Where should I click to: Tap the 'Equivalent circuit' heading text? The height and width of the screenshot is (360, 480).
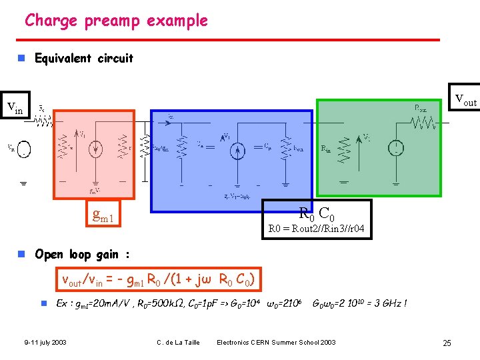[x=83, y=58]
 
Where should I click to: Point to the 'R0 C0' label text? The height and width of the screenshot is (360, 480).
[x=316, y=214]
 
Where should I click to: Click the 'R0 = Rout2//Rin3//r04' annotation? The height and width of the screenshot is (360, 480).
[x=316, y=230]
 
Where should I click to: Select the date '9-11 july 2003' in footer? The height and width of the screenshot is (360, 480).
[x=45, y=343]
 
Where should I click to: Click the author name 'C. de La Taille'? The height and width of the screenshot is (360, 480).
[x=178, y=343]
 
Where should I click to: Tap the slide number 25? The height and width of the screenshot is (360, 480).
[x=447, y=343]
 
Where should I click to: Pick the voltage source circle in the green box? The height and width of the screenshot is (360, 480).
[x=397, y=148]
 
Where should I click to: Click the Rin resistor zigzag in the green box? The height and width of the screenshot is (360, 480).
[x=344, y=148]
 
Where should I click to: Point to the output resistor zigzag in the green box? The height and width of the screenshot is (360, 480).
[x=421, y=123]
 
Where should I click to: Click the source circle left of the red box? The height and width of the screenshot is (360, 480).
[x=24, y=149]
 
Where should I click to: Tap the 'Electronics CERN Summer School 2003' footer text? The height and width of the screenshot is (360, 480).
[x=276, y=343]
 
